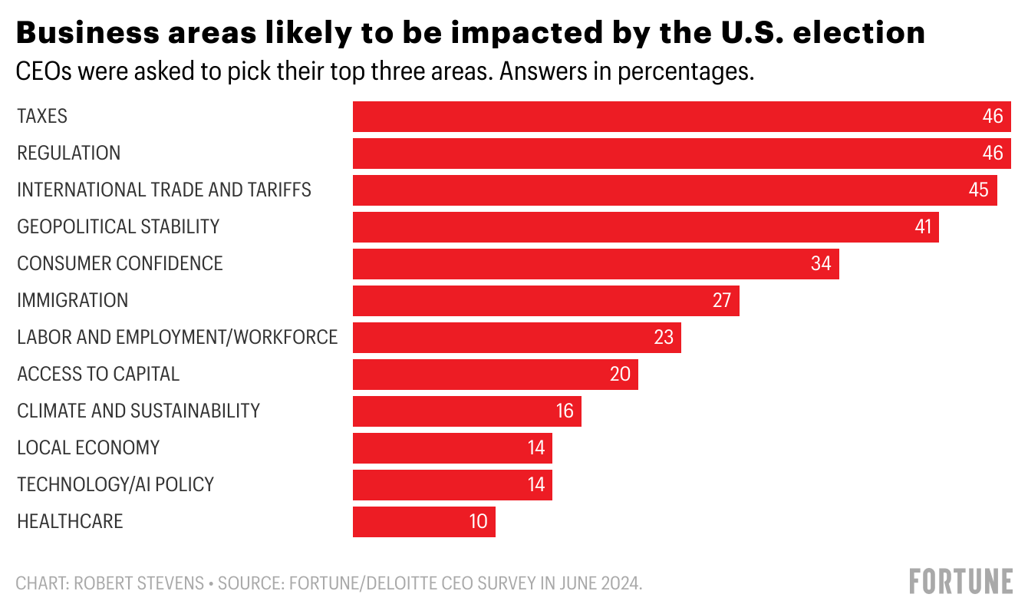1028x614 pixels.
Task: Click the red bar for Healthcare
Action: [423, 522]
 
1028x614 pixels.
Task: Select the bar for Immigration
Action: [545, 301]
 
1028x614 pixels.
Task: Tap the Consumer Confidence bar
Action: [595, 264]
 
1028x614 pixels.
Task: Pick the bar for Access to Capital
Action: [495, 375]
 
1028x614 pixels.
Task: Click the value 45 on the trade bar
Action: [978, 190]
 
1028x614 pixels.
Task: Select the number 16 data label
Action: [565, 411]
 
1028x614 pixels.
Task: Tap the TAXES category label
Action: [42, 117]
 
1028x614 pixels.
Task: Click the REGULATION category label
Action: [68, 153]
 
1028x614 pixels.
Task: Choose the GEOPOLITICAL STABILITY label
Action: [118, 227]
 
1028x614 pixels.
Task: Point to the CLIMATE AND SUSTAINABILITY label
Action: [138, 411]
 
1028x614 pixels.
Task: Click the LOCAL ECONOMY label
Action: [88, 448]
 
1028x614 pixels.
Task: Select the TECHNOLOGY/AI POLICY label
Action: [115, 485]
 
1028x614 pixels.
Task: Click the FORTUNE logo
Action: [960, 582]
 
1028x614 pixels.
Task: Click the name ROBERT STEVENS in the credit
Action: [140, 584]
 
